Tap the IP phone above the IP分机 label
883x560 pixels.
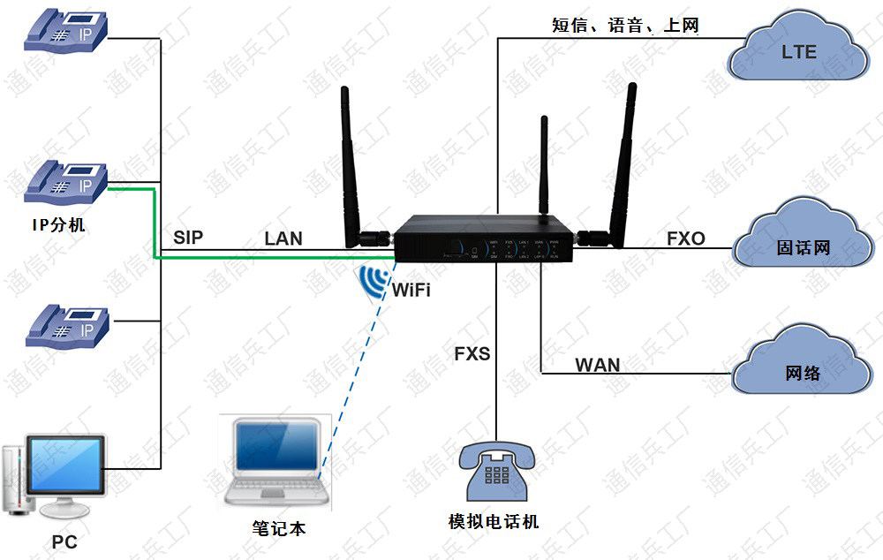(67, 182)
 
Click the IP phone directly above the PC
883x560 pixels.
(67, 326)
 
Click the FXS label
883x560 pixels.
(472, 354)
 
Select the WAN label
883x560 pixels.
(598, 365)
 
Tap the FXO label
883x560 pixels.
(686, 238)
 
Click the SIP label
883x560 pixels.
(188, 237)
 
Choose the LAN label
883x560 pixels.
(283, 238)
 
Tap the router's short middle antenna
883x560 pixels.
(543, 163)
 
